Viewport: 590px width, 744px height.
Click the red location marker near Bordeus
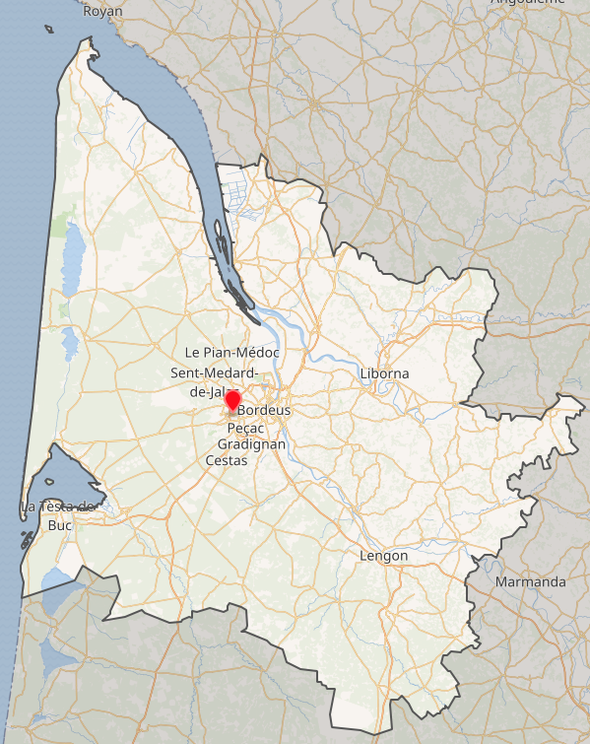pyautogui.click(x=232, y=400)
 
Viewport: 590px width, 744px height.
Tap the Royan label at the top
pyautogui.click(x=102, y=12)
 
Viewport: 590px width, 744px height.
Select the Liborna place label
pyautogui.click(x=384, y=373)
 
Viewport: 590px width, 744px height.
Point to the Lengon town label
pyautogui.click(x=384, y=556)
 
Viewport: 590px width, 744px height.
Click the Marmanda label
pyautogui.click(x=531, y=581)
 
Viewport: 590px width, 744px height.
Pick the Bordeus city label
pyautogui.click(x=265, y=409)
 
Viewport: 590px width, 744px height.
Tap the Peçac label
pyautogui.click(x=246, y=429)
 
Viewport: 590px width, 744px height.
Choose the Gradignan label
pyautogui.click(x=251, y=444)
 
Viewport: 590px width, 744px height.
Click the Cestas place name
pyautogui.click(x=227, y=460)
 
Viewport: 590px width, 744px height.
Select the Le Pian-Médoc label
pyautogui.click(x=232, y=353)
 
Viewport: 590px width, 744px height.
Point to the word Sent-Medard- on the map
pyautogui.click(x=214, y=372)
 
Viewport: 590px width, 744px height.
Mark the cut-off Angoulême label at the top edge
pyautogui.click(x=527, y=3)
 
